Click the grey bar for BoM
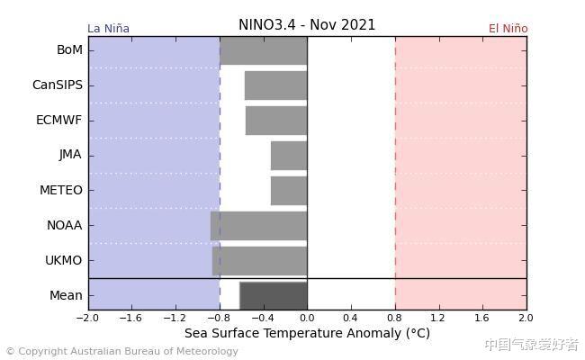[263, 50]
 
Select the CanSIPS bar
[275, 85]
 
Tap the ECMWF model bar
[276, 121]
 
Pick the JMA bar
[289, 156]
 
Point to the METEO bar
[289, 191]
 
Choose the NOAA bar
[259, 226]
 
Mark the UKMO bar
[260, 261]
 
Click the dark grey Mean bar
[274, 295]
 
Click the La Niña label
[108, 29]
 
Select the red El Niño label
[508, 29]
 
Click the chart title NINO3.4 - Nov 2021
[307, 25]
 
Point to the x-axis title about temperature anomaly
[307, 333]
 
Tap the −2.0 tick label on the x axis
[87, 318]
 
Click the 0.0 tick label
[307, 318]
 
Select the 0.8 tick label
[395, 318]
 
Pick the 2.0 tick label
[526, 318]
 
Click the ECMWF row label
[58, 120]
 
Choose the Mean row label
[66, 295]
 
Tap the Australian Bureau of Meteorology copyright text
[121, 352]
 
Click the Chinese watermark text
[531, 345]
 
